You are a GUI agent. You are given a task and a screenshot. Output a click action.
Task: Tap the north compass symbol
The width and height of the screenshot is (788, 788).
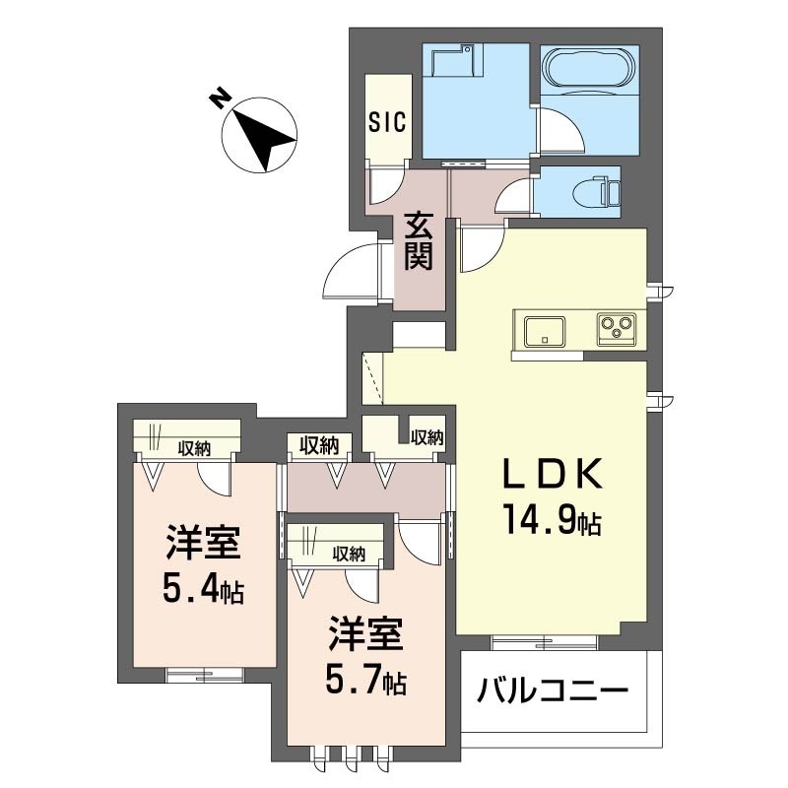click(x=262, y=136)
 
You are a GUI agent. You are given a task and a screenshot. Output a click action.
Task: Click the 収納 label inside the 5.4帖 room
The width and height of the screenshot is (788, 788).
click(x=194, y=448)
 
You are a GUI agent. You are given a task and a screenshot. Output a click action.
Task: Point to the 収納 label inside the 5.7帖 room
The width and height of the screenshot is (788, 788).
click(x=349, y=554)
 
